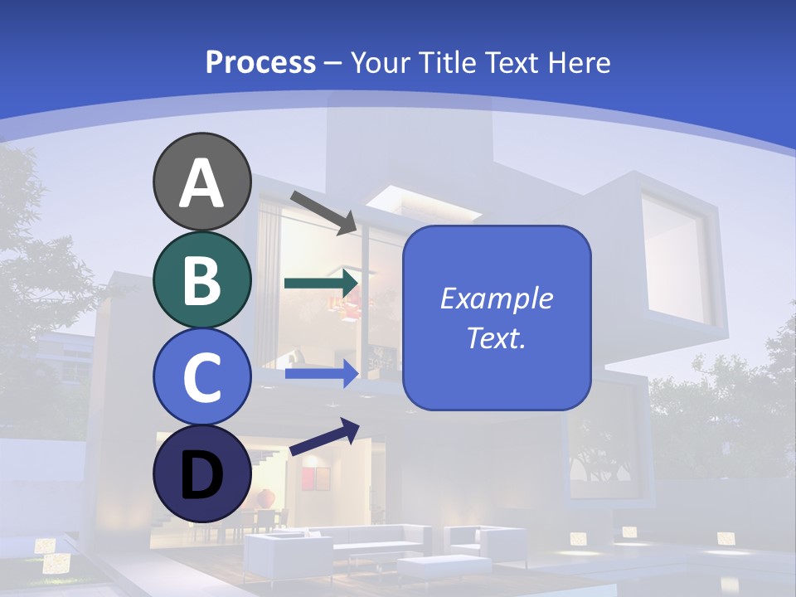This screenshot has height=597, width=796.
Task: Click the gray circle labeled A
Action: click(x=201, y=182)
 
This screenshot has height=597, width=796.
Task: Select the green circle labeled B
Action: click(x=201, y=279)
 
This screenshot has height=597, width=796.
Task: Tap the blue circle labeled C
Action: click(x=201, y=376)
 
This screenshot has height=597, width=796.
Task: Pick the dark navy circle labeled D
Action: click(x=201, y=473)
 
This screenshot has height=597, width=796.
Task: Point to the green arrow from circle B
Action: click(x=322, y=283)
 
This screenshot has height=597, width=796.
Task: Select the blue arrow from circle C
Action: click(x=322, y=374)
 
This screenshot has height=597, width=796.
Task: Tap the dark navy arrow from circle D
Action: click(x=324, y=437)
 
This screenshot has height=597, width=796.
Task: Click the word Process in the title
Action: click(x=260, y=62)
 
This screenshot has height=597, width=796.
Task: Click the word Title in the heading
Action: click(x=448, y=62)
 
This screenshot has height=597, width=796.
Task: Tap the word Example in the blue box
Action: click(x=496, y=298)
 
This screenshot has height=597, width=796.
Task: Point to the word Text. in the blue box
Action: click(x=496, y=337)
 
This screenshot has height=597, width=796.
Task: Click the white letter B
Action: click(x=201, y=280)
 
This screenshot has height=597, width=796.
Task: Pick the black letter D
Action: click(x=201, y=475)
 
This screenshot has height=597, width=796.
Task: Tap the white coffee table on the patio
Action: click(x=431, y=567)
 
